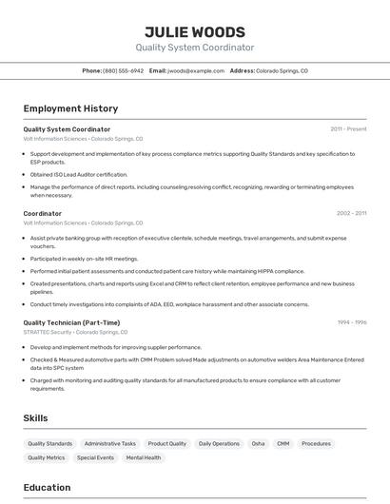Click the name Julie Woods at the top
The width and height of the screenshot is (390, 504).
coord(194,31)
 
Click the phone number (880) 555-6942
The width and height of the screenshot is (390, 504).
coord(123,70)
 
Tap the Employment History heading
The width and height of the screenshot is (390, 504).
coord(70,108)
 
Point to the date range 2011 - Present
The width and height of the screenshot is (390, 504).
coord(348,128)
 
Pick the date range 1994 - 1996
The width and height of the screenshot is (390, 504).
coord(352,322)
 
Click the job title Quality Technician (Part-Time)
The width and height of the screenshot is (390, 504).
coord(71,322)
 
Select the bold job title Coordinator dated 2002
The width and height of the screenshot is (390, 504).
coord(42,213)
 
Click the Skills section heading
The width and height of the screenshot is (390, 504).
coord(35,417)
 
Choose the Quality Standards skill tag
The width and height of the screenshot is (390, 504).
coord(49,443)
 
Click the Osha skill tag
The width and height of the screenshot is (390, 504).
coord(258,443)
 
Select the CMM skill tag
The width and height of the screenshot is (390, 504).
coord(283,443)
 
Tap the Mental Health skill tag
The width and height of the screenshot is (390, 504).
coord(144,457)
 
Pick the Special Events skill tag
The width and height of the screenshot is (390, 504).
coord(95,457)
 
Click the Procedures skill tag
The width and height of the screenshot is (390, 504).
coord(317,443)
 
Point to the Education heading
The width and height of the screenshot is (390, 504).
coord(47,488)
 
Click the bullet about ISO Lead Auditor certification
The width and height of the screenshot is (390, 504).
coord(78,174)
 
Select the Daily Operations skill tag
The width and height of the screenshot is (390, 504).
coord(219,443)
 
